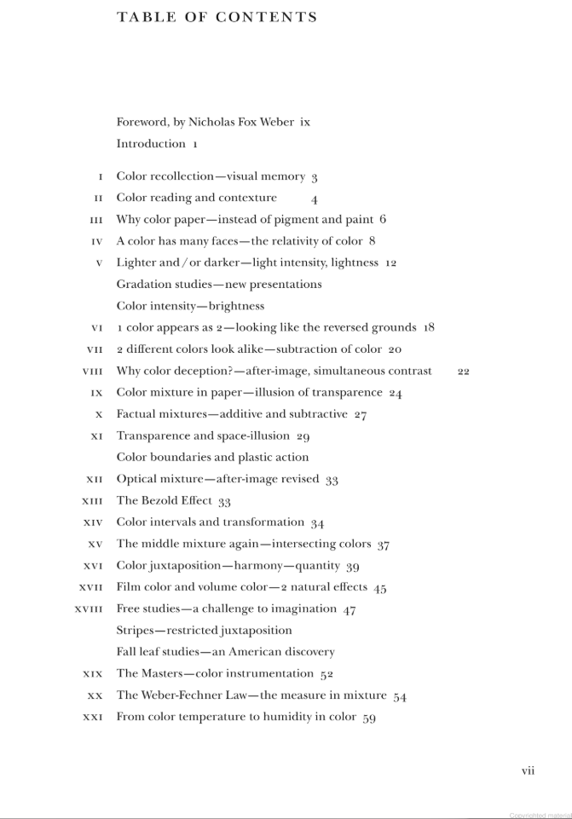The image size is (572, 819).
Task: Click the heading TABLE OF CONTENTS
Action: click(x=217, y=17)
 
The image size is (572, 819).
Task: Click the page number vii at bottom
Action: click(x=528, y=770)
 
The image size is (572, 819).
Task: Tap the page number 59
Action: click(x=369, y=718)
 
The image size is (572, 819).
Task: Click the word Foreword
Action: click(x=142, y=122)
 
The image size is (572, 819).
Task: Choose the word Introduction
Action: click(x=151, y=144)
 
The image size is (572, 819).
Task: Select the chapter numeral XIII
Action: click(x=92, y=501)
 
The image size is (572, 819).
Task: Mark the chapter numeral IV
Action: click(x=96, y=241)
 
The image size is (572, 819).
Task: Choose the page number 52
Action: click(x=326, y=674)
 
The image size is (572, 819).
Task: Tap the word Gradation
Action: click(x=144, y=285)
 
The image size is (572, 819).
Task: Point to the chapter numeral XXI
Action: click(x=92, y=718)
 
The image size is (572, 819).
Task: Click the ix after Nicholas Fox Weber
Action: click(x=305, y=122)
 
